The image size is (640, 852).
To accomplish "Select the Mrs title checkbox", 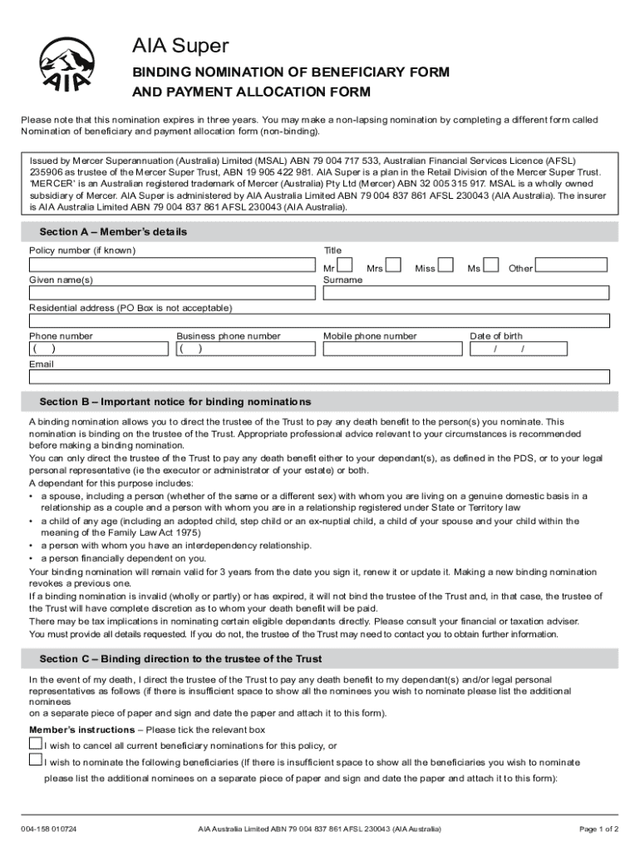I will pos(394,266).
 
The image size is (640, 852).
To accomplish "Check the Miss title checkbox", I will pos(446,266).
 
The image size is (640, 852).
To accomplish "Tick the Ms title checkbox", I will pos(491,266).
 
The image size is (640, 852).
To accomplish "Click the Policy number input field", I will pos(173,265).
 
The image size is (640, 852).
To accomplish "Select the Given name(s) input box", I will pos(173,293).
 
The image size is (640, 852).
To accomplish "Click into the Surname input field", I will pos(466,293).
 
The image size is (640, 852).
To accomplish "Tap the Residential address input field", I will pos(320,321).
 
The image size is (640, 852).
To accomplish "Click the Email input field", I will pos(320,377).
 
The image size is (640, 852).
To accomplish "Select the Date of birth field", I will pos(539,349).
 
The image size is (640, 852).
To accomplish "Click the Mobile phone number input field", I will pos(393,349).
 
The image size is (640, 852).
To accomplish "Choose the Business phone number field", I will pos(246,349).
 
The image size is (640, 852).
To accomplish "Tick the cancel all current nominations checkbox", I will pos(35,742).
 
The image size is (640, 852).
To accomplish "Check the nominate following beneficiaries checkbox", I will pos(35,760).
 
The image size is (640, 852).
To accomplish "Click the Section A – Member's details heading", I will pos(113,231).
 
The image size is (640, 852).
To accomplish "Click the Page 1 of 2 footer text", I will pos(598,829).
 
